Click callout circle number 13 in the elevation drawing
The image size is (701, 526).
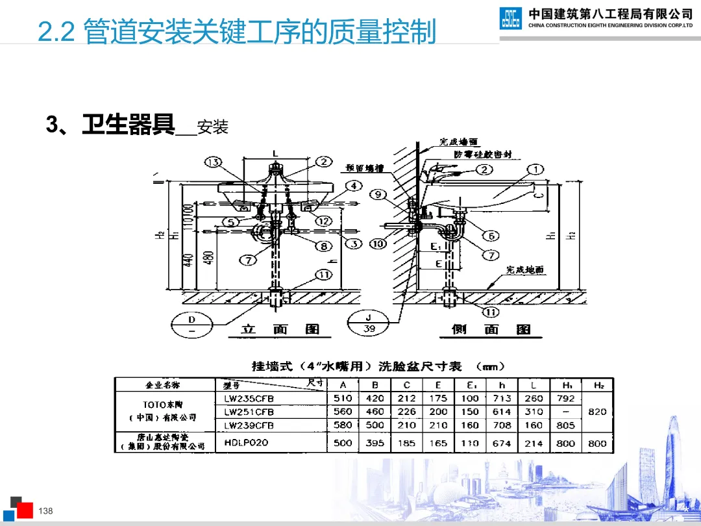[213, 162]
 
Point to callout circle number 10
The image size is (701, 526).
[378, 244]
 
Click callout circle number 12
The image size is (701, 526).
[324, 221]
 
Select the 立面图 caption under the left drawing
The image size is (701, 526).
[280, 330]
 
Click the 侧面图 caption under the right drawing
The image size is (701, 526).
[491, 330]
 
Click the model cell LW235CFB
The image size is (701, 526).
[249, 398]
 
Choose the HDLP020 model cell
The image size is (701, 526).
[246, 442]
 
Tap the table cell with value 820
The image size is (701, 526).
[596, 412]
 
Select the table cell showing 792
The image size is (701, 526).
[565, 398]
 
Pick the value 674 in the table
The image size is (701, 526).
[502, 443]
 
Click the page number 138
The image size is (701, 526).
[45, 511]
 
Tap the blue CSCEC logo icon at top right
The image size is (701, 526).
[510, 18]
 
